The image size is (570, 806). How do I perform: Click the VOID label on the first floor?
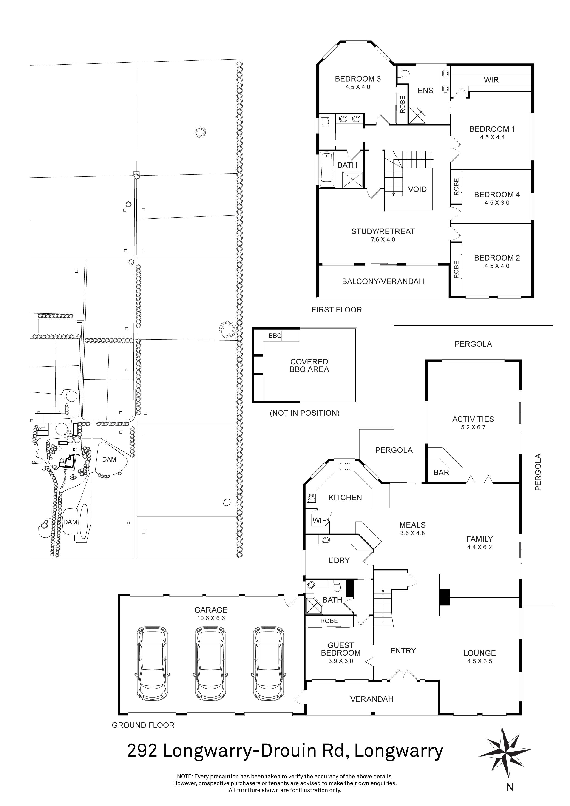click(x=417, y=190)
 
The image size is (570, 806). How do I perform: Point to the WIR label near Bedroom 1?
click(x=491, y=80)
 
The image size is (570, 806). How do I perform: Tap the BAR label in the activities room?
click(x=441, y=473)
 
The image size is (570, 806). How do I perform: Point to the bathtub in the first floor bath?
click(x=327, y=169)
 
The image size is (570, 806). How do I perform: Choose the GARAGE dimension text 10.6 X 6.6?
click(x=211, y=618)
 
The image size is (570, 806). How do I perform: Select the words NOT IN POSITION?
click(x=304, y=413)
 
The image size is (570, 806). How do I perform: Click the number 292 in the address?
click(x=142, y=751)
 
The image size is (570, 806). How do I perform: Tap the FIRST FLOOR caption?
click(x=336, y=310)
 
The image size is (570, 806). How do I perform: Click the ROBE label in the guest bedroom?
click(x=329, y=621)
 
